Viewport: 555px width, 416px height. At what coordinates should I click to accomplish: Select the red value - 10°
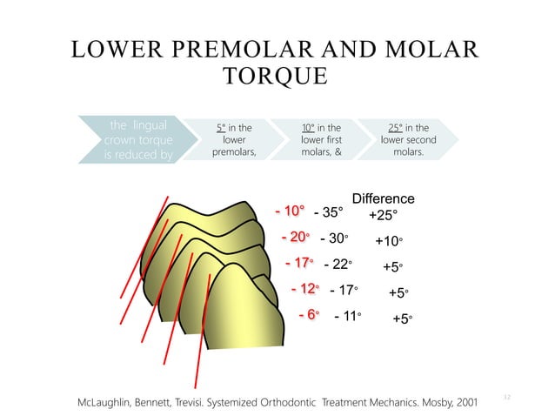[290, 211]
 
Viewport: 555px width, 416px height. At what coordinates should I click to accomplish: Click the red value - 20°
[296, 237]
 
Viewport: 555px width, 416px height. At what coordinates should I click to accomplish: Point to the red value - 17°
[299, 263]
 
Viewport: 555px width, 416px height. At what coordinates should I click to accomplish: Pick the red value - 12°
[305, 289]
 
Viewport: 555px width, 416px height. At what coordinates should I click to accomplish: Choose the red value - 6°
[310, 315]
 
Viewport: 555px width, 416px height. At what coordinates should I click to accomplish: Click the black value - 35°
[328, 211]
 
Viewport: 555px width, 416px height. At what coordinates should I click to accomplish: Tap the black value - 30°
[334, 238]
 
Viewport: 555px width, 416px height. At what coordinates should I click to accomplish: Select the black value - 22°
[338, 264]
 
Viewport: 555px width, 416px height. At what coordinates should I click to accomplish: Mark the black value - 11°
[347, 317]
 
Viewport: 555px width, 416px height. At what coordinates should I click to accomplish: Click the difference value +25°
[383, 214]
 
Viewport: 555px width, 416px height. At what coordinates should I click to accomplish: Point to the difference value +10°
[389, 241]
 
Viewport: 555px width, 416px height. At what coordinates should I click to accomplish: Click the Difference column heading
[383, 198]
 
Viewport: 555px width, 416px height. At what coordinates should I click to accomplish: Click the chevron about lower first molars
[320, 140]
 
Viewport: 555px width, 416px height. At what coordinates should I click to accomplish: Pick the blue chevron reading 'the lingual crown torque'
[137, 140]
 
